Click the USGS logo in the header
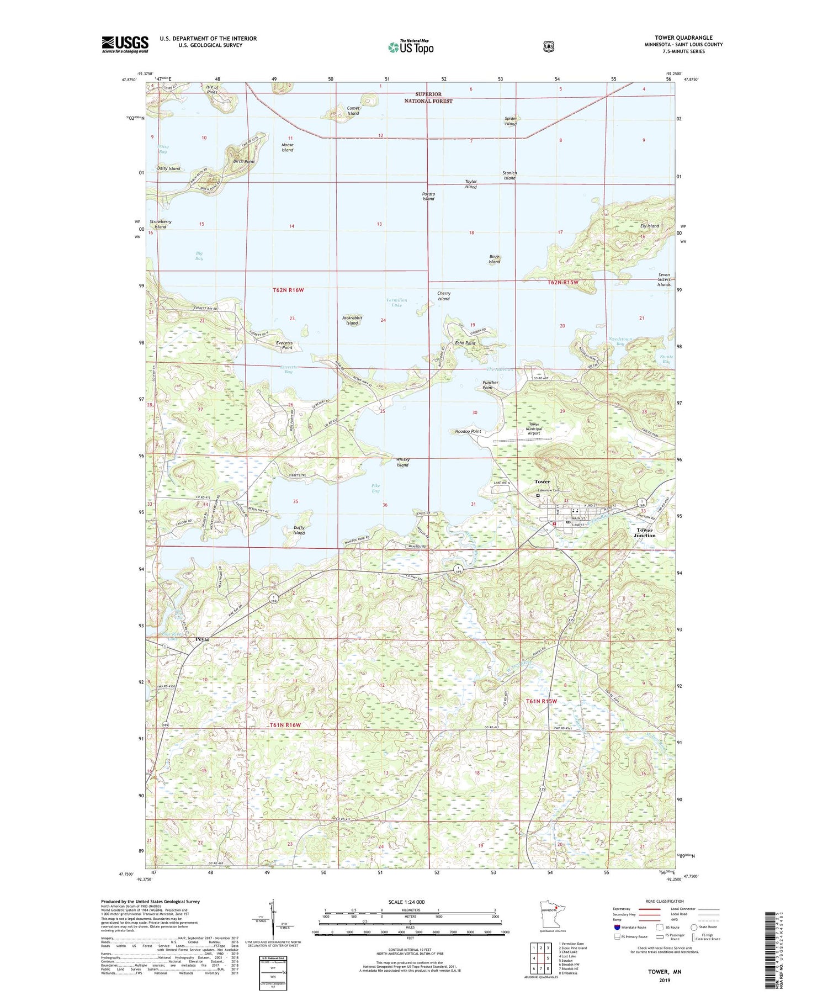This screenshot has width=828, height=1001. (125, 44)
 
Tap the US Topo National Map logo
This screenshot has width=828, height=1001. (411, 47)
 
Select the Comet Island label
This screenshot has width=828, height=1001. (353, 111)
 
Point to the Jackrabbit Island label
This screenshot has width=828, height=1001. (352, 320)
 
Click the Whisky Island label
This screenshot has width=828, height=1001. (402, 462)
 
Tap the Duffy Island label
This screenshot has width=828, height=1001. (299, 530)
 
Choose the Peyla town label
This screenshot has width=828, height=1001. (203, 639)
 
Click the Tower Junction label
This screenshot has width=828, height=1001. (644, 533)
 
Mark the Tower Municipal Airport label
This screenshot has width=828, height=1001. (533, 429)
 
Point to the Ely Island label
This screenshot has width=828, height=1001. (649, 226)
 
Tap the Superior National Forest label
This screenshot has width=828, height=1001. (428, 97)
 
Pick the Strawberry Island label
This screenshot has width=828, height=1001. (160, 224)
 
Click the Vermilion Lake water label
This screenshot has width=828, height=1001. (396, 302)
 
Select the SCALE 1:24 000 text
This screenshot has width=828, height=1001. (407, 902)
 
